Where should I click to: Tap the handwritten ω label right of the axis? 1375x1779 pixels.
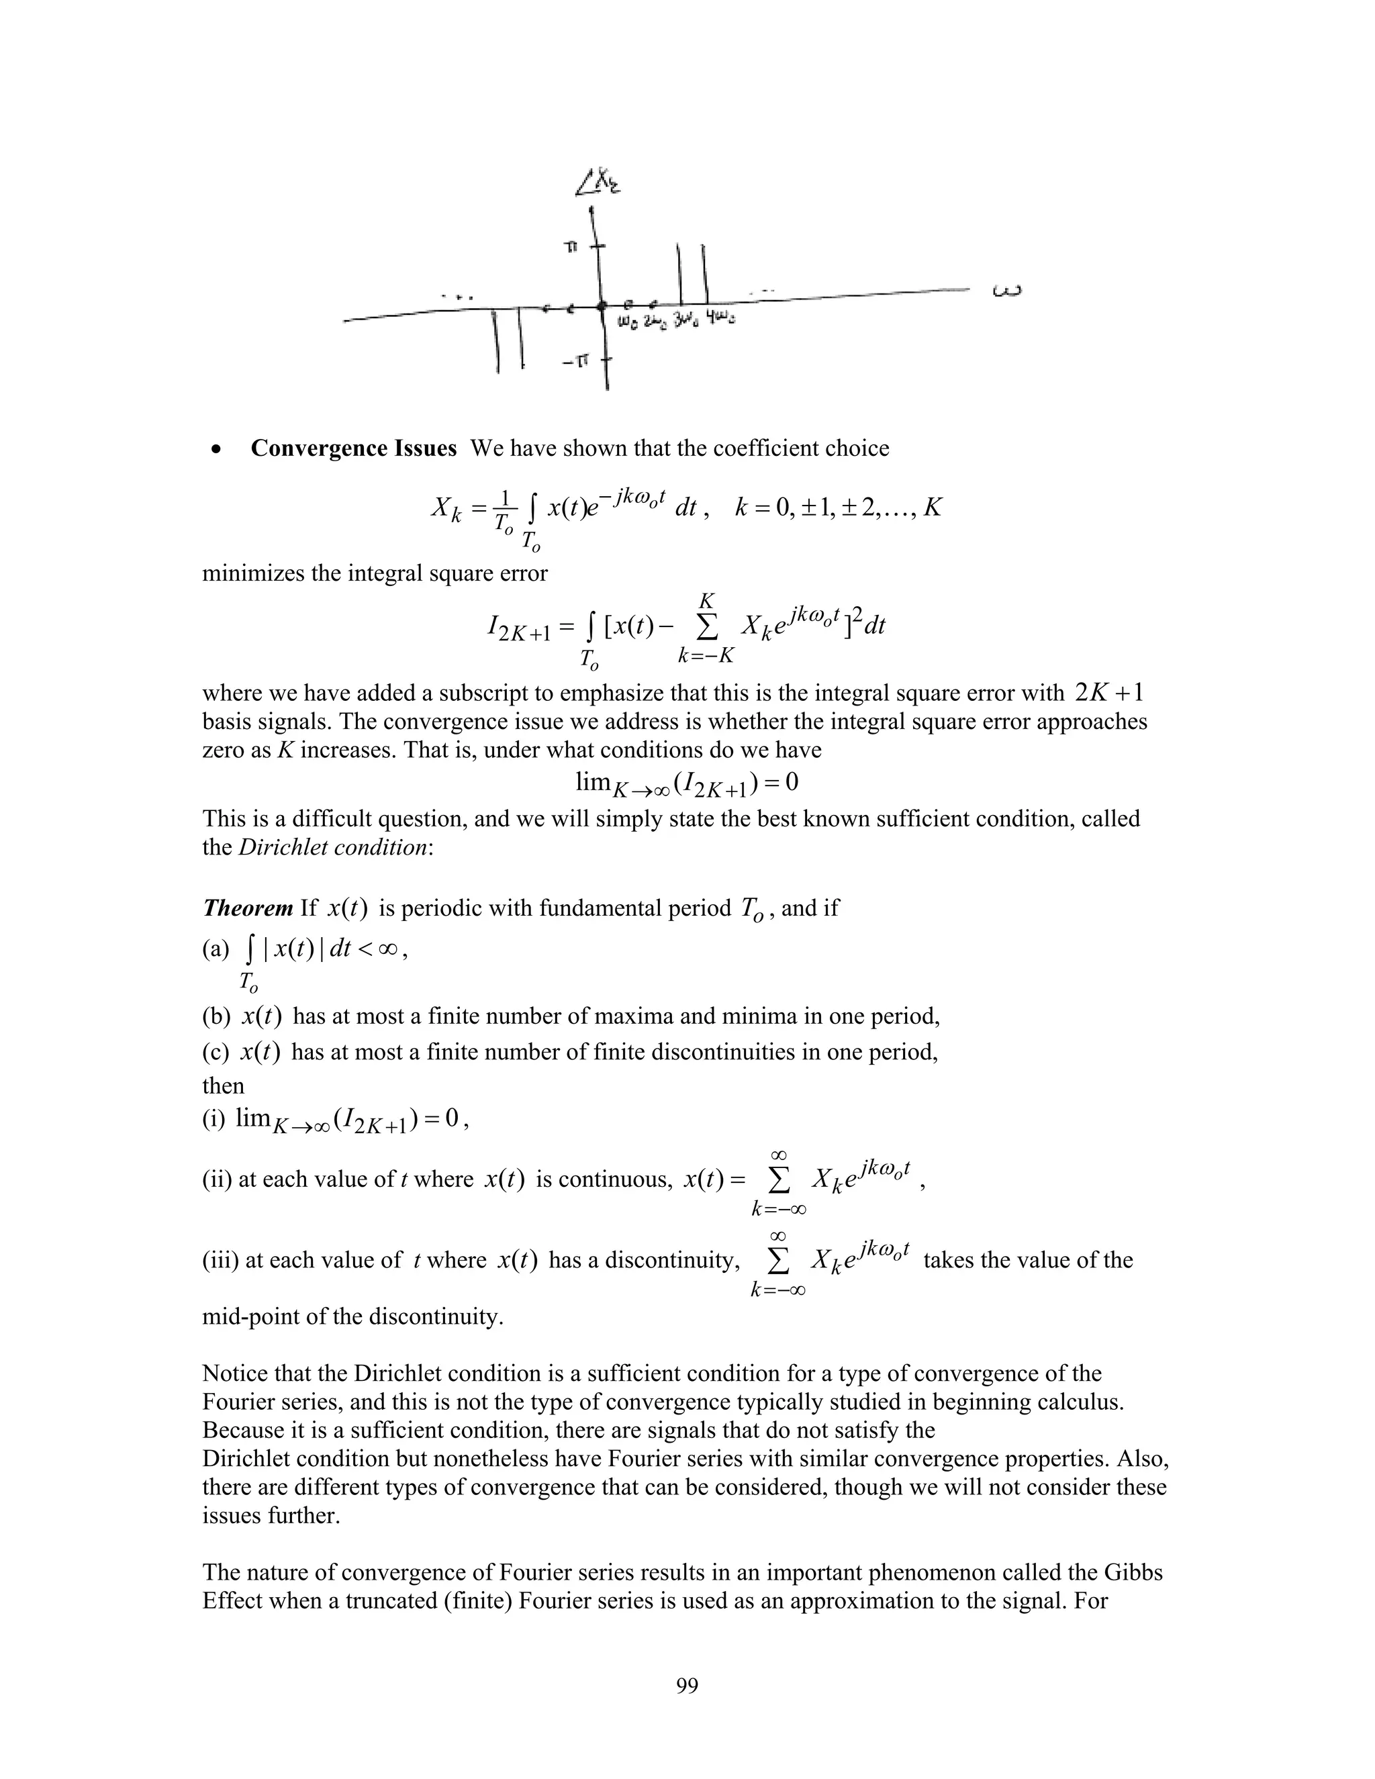1007,291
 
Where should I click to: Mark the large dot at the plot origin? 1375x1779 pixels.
601,306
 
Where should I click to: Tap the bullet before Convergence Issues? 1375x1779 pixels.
217,450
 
